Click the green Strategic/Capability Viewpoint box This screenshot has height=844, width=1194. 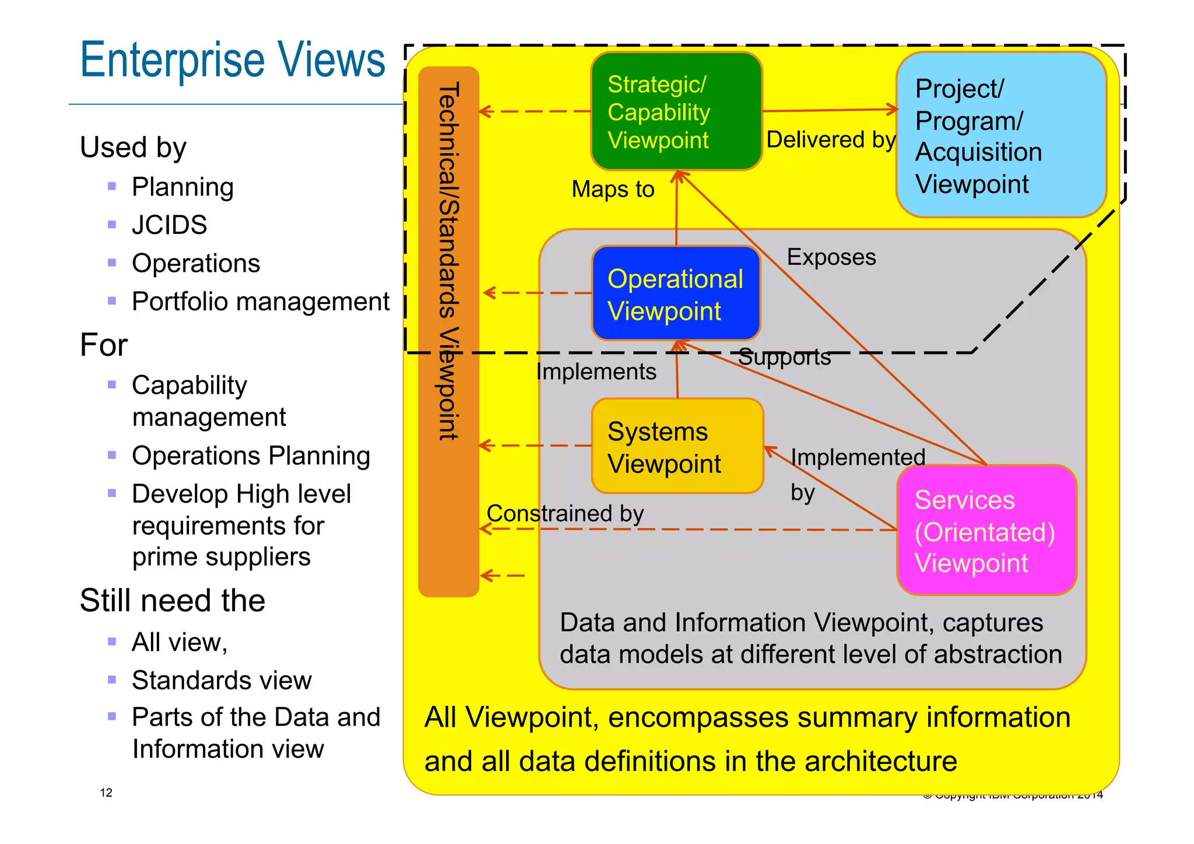pyautogui.click(x=676, y=111)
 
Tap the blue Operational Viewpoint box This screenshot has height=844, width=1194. pyautogui.click(x=676, y=293)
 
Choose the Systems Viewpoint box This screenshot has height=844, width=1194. pyautogui.click(x=677, y=446)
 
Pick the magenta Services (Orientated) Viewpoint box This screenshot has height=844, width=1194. pyautogui.click(x=986, y=531)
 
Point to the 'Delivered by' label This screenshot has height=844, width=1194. pyautogui.click(x=830, y=140)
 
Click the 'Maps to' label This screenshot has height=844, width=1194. pyautogui.click(x=613, y=190)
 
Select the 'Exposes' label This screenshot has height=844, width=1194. pyautogui.click(x=831, y=257)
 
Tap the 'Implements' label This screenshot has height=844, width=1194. pyautogui.click(x=596, y=372)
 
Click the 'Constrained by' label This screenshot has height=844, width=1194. pyautogui.click(x=565, y=514)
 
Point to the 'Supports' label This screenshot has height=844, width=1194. pyautogui.click(x=784, y=358)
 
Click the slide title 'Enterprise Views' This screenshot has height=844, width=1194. pyautogui.click(x=233, y=60)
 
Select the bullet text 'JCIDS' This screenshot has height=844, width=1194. pyautogui.click(x=169, y=225)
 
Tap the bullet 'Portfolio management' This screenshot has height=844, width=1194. pyautogui.click(x=260, y=302)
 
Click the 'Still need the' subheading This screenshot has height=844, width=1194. pyautogui.click(x=173, y=601)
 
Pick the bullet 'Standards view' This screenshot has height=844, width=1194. pyautogui.click(x=222, y=681)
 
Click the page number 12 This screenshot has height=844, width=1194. pyautogui.click(x=106, y=793)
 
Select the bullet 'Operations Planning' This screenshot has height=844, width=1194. pyautogui.click(x=251, y=456)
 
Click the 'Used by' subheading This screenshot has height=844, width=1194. pyautogui.click(x=133, y=148)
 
